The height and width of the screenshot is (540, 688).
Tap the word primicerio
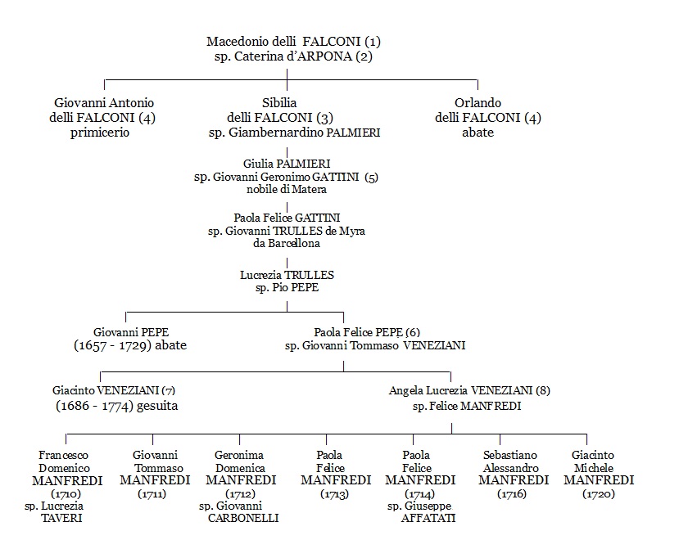(x=100, y=133)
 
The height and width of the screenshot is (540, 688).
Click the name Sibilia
(x=279, y=102)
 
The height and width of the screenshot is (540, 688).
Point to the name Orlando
(x=478, y=102)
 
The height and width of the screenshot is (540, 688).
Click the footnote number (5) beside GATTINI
(x=371, y=177)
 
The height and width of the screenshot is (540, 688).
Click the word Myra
(x=352, y=231)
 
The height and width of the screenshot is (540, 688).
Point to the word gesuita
(x=157, y=406)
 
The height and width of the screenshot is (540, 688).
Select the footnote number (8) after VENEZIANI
(x=543, y=390)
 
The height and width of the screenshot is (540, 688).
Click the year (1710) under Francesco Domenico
(x=66, y=494)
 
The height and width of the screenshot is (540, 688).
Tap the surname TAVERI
(x=62, y=518)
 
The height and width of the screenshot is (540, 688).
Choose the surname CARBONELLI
(x=243, y=518)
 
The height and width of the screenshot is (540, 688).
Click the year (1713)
(x=335, y=494)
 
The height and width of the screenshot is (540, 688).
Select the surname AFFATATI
(x=428, y=518)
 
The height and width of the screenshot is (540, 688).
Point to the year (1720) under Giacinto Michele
(x=599, y=494)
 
